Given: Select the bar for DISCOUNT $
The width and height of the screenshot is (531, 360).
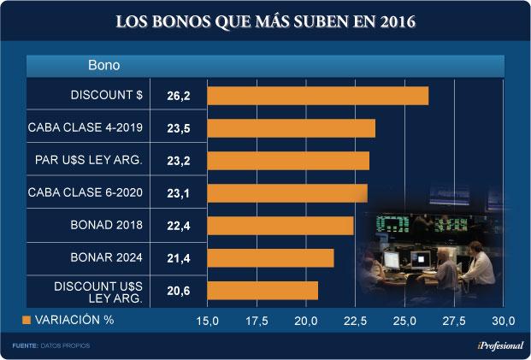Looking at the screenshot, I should pyautogui.click(x=317, y=96).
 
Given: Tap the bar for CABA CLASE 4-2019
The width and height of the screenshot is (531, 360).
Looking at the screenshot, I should pyautogui.click(x=291, y=128).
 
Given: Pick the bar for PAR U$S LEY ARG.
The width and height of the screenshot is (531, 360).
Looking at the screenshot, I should pyautogui.click(x=288, y=161).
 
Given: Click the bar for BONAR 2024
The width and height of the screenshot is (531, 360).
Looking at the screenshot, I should pyautogui.click(x=270, y=258).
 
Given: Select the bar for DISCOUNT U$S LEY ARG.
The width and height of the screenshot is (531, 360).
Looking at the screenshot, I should pyautogui.click(x=263, y=291).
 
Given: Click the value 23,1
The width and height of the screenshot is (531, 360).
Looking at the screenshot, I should pyautogui.click(x=179, y=194).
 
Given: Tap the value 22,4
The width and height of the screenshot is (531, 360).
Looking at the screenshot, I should pyautogui.click(x=179, y=227).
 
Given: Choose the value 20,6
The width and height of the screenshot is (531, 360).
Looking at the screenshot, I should pyautogui.click(x=179, y=292).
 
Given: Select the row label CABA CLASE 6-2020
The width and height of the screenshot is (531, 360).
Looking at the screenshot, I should pyautogui.click(x=85, y=193).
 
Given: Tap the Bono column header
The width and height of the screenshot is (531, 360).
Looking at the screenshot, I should pyautogui.click(x=103, y=65).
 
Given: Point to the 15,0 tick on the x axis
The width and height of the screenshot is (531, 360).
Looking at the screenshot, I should pyautogui.click(x=208, y=321).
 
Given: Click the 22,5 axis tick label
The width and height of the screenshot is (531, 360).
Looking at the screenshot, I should pyautogui.click(x=356, y=321).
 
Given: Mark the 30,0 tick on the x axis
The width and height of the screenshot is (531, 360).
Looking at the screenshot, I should pyautogui.click(x=504, y=321).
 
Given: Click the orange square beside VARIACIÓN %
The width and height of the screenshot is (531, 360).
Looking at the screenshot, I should pyautogui.click(x=26, y=320).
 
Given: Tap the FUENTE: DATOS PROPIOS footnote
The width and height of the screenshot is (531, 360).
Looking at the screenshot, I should pyautogui.click(x=50, y=345).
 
